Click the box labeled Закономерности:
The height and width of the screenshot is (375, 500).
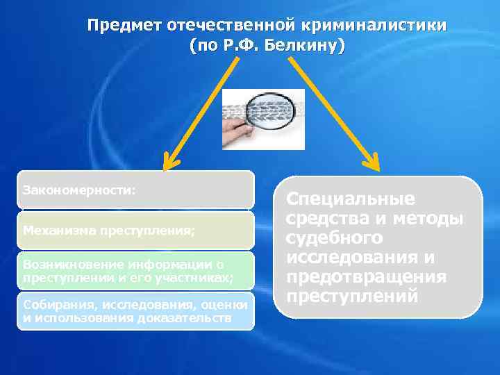[135, 190]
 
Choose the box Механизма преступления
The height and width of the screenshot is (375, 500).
[135, 230]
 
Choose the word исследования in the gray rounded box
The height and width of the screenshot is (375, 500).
[360, 258]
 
